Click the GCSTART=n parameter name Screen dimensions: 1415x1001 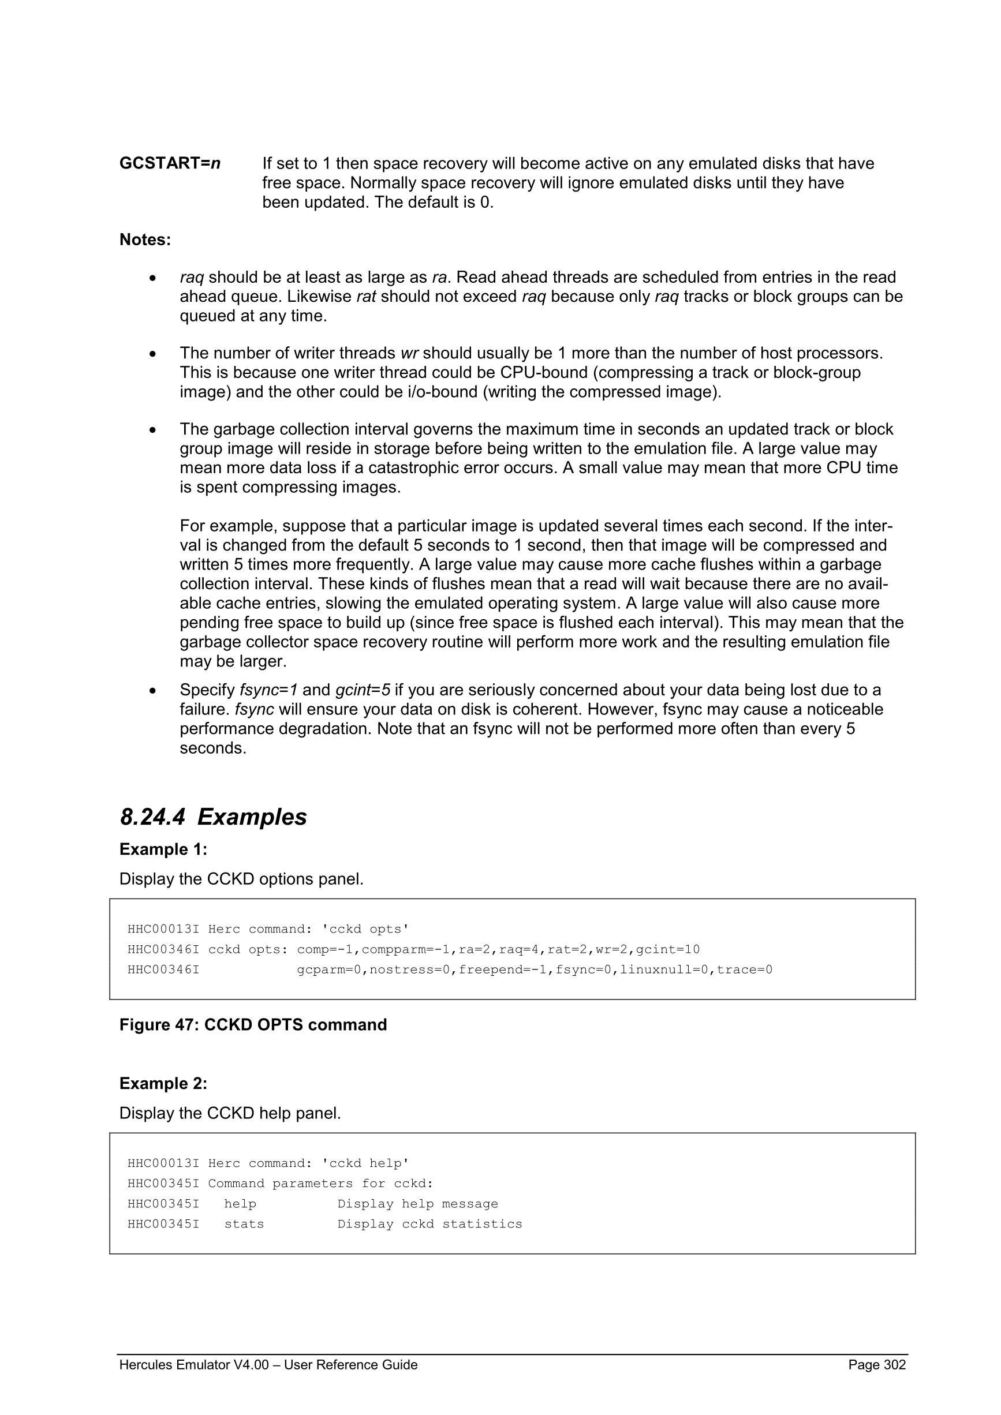[x=170, y=163]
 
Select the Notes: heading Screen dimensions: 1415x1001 [x=145, y=239]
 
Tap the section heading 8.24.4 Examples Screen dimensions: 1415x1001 [x=213, y=817]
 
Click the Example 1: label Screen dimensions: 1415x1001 [x=163, y=849]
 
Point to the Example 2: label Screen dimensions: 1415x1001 [x=163, y=1083]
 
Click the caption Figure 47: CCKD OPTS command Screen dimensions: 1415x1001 [x=253, y=1025]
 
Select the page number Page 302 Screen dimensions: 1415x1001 [x=876, y=1364]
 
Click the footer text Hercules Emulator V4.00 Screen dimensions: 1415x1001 [x=193, y=1364]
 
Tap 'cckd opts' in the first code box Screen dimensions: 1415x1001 [x=365, y=929]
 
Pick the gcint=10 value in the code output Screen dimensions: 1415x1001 [x=667, y=949]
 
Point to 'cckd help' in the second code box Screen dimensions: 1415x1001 [x=365, y=1163]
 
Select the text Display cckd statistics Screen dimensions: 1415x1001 [x=429, y=1224]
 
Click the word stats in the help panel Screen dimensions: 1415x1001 [x=244, y=1224]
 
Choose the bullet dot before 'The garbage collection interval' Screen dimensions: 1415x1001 [x=153, y=430]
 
